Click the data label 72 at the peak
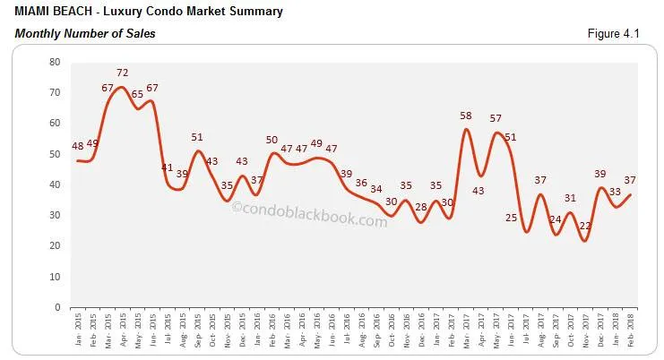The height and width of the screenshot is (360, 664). coord(123,73)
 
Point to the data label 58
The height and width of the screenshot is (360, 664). coord(466,117)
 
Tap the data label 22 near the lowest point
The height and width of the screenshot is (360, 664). coord(584,227)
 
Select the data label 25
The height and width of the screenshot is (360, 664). coord(512,219)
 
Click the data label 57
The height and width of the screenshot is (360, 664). coord(496,119)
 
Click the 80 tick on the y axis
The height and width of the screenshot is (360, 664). coord(55,62)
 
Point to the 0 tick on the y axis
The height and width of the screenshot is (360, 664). coord(57,307)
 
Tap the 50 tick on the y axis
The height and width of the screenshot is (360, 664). coord(55,154)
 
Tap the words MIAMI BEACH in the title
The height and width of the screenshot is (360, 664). coord(50,12)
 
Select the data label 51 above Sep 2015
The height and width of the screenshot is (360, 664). coord(197,137)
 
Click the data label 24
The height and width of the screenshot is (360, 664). coord(556,220)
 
